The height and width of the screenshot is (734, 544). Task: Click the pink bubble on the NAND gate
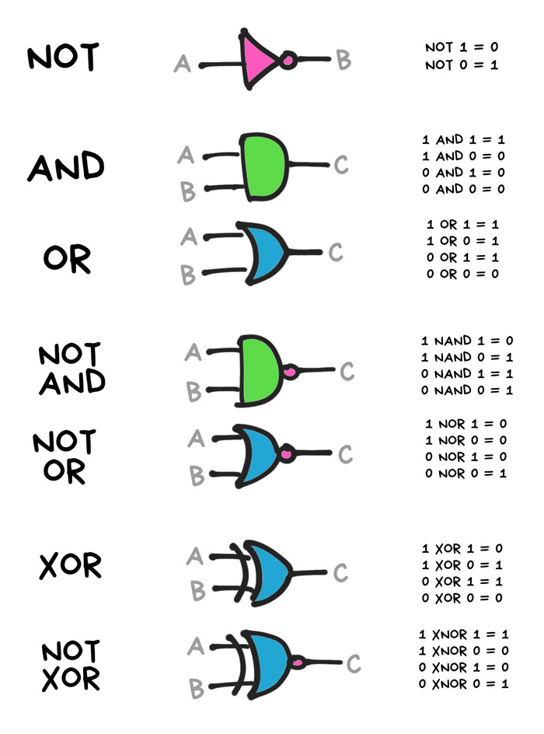click(291, 372)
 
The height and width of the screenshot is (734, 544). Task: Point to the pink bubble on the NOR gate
click(288, 453)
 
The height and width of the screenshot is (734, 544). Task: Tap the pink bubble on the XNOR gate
click(297, 662)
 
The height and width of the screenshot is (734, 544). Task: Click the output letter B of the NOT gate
click(343, 60)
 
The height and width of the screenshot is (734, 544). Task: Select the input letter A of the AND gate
click(185, 156)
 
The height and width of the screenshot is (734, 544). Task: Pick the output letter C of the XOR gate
click(340, 574)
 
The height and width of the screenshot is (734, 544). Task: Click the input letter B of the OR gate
click(187, 274)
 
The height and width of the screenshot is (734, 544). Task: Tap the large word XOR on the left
click(70, 566)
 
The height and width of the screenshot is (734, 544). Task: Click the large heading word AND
click(66, 167)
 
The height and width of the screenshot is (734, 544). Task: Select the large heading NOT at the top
click(63, 58)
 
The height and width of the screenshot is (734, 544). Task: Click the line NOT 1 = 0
click(461, 48)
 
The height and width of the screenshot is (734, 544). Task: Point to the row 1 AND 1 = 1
click(463, 140)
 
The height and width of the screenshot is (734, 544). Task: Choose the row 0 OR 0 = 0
click(463, 274)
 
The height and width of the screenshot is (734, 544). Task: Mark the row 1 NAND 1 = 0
click(466, 341)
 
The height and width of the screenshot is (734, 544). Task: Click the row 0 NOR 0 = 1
click(466, 473)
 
